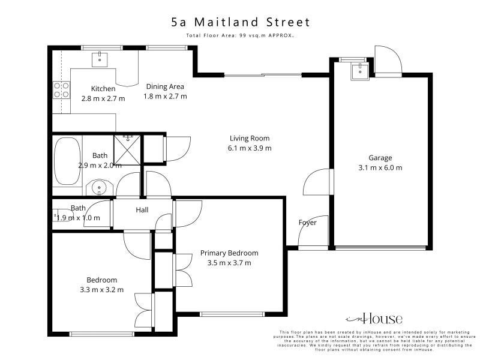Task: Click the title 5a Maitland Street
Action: pyautogui.click(x=241, y=22)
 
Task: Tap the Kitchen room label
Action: pyautogui.click(x=103, y=89)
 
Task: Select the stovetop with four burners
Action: pyautogui.click(x=62, y=90)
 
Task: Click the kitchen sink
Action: pyautogui.click(x=100, y=59)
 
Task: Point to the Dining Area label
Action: pyautogui.click(x=165, y=86)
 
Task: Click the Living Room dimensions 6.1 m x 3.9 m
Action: pyautogui.click(x=250, y=148)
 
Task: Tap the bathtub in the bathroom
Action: pyautogui.click(x=67, y=161)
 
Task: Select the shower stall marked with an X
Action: pyautogui.click(x=127, y=150)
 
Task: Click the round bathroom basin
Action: pyautogui.click(x=99, y=187)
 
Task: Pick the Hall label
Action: pyautogui.click(x=142, y=210)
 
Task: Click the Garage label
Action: pyautogui.click(x=380, y=158)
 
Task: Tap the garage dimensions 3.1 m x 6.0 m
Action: pyautogui.click(x=380, y=168)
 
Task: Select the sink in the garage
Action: pyautogui.click(x=360, y=72)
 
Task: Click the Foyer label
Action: pyautogui.click(x=308, y=223)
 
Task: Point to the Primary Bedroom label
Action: pyautogui.click(x=229, y=253)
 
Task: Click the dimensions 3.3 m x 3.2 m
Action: pyautogui.click(x=101, y=290)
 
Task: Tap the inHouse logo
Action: pyautogui.click(x=374, y=319)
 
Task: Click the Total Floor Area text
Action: pyautogui.click(x=240, y=35)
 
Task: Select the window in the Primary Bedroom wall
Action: pyautogui.click(x=232, y=314)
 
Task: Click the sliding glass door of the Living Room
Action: pyautogui.click(x=263, y=74)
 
